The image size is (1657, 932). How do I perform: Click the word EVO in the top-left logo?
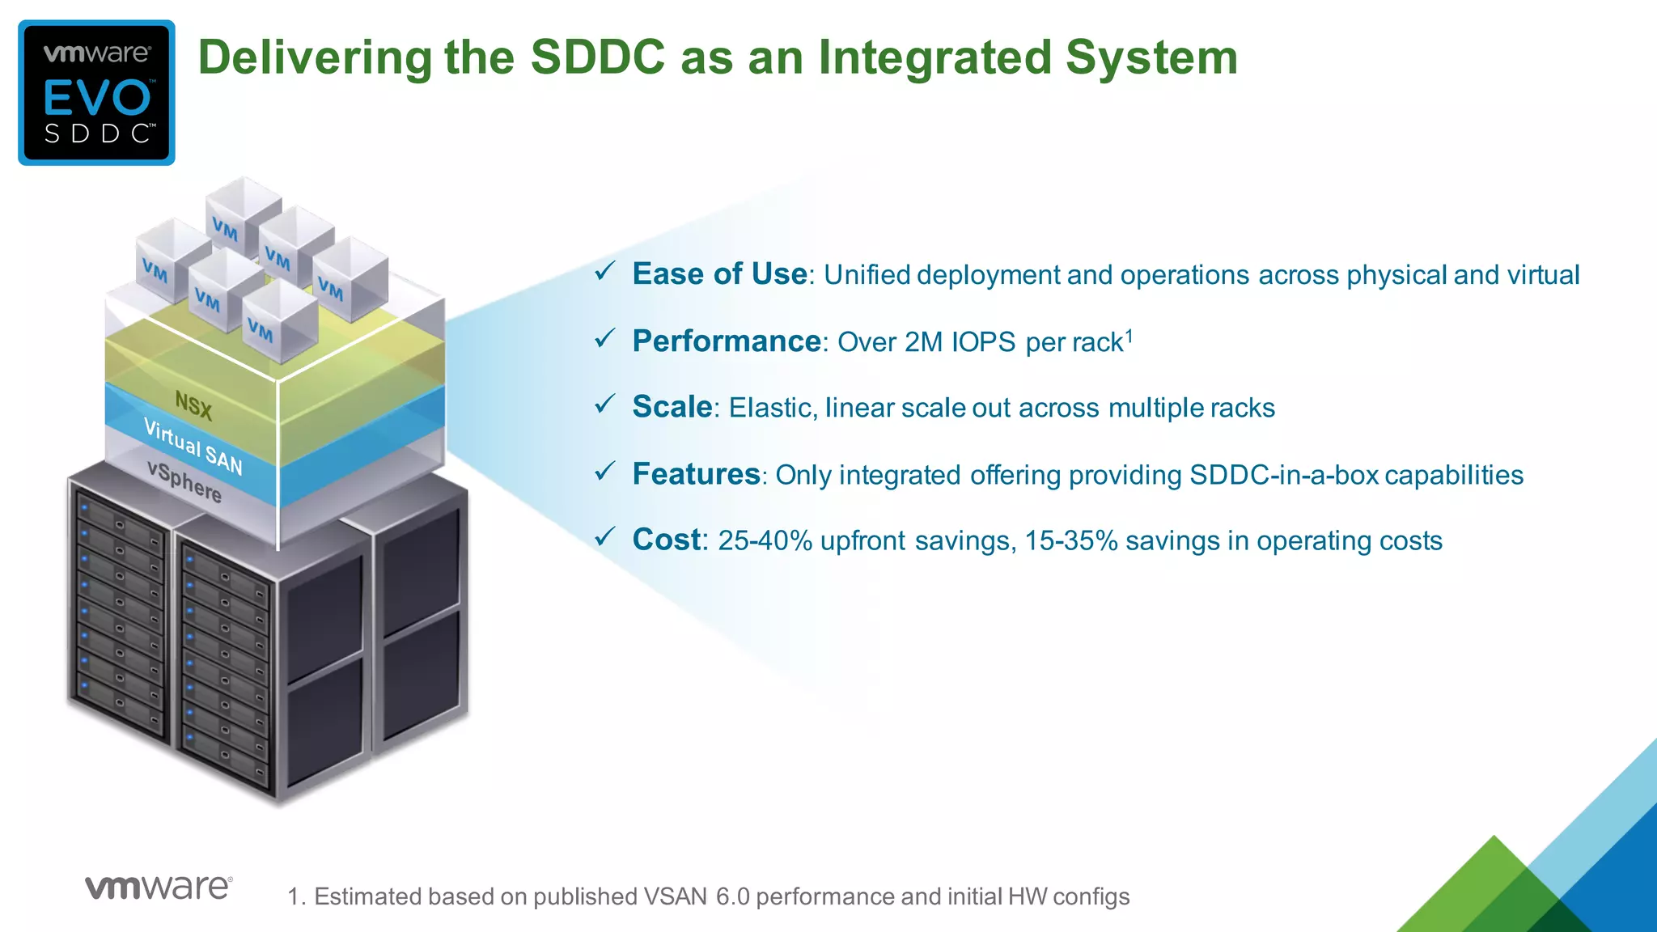(97, 98)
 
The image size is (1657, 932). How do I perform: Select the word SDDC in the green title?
(597, 58)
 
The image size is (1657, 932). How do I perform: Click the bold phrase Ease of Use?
(719, 274)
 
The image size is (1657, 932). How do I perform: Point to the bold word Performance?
(726, 341)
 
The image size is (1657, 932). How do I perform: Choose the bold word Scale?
(672, 407)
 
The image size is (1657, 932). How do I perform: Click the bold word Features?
(696, 474)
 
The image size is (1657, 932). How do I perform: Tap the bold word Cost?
(667, 540)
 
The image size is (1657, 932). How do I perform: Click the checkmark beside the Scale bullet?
(605, 404)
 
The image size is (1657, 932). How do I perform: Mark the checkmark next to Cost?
(605, 536)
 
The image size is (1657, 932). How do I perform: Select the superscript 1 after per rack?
(1129, 334)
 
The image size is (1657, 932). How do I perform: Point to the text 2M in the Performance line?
(923, 342)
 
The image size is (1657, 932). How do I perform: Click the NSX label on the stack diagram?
(193, 405)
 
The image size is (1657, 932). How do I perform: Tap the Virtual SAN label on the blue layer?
(193, 447)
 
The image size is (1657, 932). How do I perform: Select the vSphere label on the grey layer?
(184, 481)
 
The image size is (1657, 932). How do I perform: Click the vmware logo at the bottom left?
(159, 888)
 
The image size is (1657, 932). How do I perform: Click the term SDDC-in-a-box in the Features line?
(1283, 475)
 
